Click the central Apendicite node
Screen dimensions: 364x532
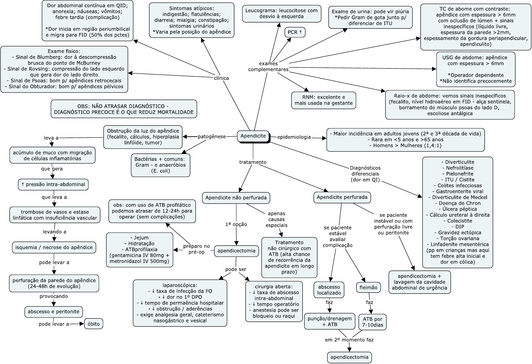click(253, 136)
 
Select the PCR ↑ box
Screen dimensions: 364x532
click(295, 32)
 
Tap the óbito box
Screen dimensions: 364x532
click(94, 324)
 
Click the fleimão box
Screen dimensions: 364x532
click(368, 287)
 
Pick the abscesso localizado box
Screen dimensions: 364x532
click(329, 290)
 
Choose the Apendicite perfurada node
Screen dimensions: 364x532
click(342, 197)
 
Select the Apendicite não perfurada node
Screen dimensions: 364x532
click(236, 198)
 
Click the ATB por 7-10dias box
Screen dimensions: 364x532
click(373, 322)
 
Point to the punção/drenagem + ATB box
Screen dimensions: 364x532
click(330, 321)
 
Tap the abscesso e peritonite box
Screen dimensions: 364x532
click(53, 312)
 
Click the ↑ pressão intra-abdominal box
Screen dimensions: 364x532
click(53, 184)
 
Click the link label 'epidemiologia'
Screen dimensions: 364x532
click(294, 137)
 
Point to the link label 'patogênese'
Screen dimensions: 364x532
click(212, 136)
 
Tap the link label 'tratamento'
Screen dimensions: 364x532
click(253, 162)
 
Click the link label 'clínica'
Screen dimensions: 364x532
click(221, 78)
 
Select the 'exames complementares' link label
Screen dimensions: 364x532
click(268, 66)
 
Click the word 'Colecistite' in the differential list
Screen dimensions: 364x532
click(458, 221)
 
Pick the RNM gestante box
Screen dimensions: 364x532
click(324, 100)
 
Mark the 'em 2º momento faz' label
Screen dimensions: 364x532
click(349, 340)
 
